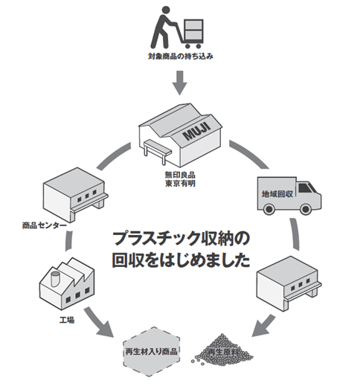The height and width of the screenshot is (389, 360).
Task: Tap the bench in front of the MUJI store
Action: pos(158,151)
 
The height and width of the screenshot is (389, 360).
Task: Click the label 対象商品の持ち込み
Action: pos(181,57)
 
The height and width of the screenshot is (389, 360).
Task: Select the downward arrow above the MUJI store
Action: pos(180,83)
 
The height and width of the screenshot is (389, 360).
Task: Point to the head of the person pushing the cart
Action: pos(166,10)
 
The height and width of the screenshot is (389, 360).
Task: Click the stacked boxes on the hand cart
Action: pos(194,30)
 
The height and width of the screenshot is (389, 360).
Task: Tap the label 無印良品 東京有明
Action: pos(180,179)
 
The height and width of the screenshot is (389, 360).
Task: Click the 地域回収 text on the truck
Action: pos(277,193)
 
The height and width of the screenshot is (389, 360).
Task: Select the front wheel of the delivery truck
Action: pos(306,209)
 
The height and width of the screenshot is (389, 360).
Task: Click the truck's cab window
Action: pos(306,188)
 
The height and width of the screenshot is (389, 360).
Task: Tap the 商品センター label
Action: pos(45,225)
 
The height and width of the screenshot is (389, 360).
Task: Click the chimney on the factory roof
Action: pos(55,279)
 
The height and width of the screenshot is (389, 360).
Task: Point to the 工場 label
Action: pos(67,320)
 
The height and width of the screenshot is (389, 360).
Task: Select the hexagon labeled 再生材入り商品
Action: pos(151,352)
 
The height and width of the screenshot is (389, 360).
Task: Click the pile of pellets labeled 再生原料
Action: pos(222,350)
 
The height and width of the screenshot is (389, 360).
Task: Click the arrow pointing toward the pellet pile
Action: pos(263,326)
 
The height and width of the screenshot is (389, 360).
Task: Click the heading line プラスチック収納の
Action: pos(181,239)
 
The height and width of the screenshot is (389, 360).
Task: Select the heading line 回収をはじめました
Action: pos(181,260)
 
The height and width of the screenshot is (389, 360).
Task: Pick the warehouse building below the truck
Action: pos(289,283)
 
